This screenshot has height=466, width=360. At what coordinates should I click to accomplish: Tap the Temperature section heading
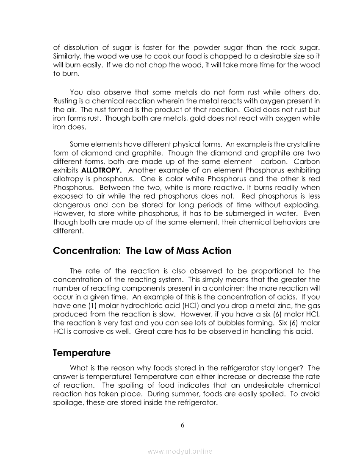82,353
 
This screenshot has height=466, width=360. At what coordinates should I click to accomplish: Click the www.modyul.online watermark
180,452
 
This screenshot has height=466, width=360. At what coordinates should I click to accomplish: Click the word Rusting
66,100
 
